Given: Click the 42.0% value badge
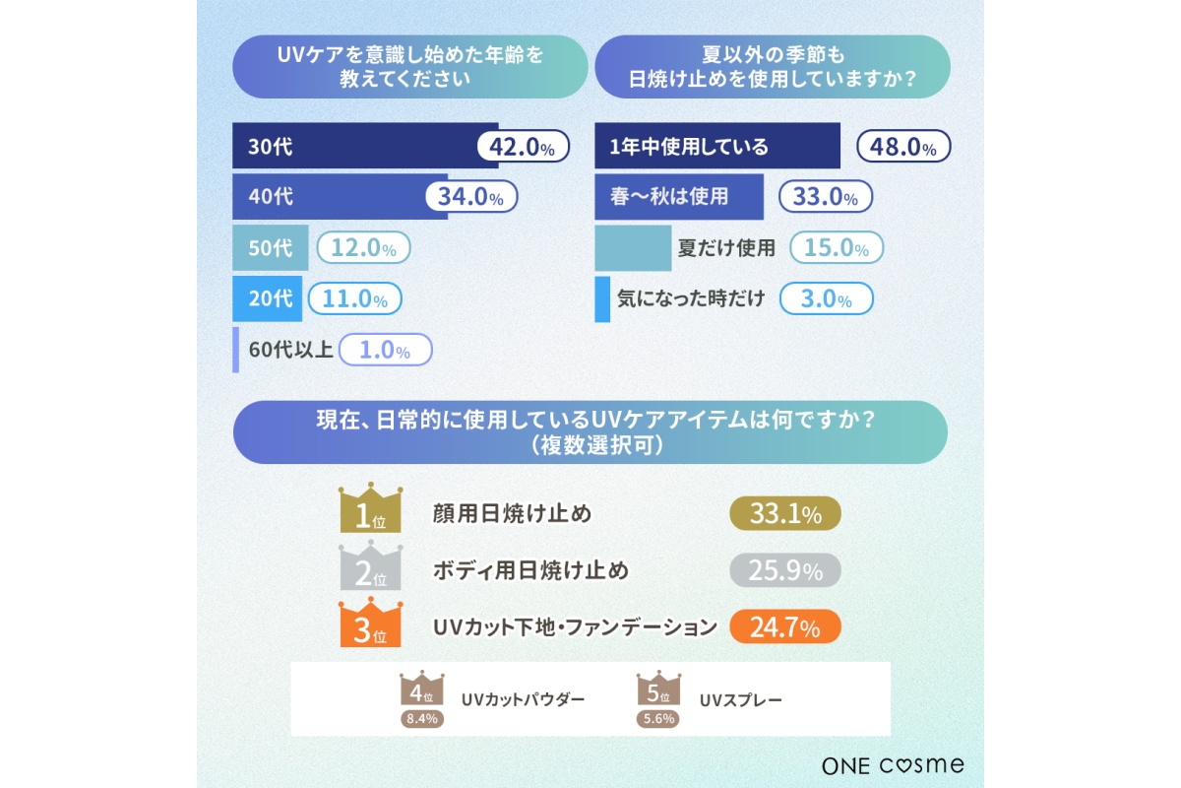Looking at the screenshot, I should [523, 147].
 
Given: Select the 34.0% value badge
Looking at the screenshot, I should [471, 196].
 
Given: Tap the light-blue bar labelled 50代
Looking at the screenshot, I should [270, 248].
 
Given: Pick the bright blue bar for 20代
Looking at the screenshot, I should [267, 297].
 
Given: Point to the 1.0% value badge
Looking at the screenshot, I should [386, 349].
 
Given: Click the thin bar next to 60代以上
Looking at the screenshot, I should [236, 350].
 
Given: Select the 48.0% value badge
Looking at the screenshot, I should [904, 147].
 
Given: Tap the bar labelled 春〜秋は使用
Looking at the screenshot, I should [679, 196].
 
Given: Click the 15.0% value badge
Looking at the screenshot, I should [837, 248].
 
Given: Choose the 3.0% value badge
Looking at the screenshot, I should [827, 298].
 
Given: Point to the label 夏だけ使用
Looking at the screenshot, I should [726, 248].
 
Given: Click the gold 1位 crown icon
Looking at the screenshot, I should [371, 508].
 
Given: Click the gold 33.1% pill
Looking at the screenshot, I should [785, 513].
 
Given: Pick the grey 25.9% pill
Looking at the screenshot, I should [785, 569].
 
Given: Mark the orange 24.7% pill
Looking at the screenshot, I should [785, 626].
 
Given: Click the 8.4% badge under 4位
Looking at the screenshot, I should [422, 718].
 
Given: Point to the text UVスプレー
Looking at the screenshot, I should [741, 700].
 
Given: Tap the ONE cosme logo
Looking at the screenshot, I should [893, 764].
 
